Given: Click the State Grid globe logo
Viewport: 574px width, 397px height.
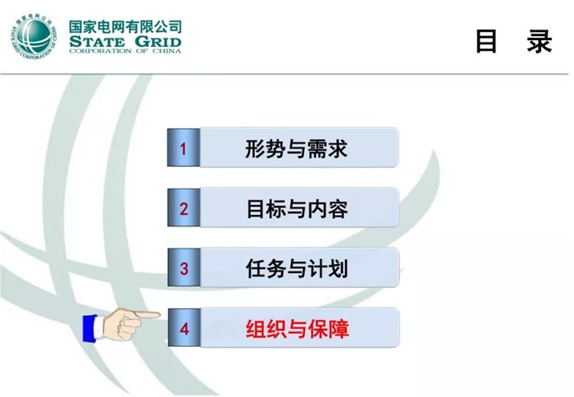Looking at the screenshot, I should pos(34,38).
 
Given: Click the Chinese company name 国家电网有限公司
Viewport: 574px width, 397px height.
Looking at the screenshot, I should pos(125,26).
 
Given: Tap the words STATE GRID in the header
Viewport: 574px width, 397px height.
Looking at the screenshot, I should pos(125,42).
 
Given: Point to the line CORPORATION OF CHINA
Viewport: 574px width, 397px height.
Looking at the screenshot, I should pos(125,53).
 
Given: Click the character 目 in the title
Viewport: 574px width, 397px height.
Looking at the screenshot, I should pos(487,42).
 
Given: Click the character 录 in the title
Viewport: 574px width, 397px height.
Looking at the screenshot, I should pos(540,42).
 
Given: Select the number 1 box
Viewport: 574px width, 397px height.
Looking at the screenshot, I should pos(184,148).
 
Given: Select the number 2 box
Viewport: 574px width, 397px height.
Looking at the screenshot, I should pos(184,208).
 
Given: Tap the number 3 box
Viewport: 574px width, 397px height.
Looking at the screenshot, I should pos(184,268).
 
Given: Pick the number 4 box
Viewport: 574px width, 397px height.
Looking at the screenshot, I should pos(184,329).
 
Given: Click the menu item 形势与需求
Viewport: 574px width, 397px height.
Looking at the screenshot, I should pos(298,148).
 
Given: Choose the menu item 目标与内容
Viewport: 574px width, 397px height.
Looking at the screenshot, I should pos(298,208).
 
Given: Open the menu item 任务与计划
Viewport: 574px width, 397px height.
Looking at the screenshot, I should pos(298,268).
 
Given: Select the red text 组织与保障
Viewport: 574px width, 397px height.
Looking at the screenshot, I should pos(298,329).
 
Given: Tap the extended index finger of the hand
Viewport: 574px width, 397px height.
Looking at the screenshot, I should pos(148,314).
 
